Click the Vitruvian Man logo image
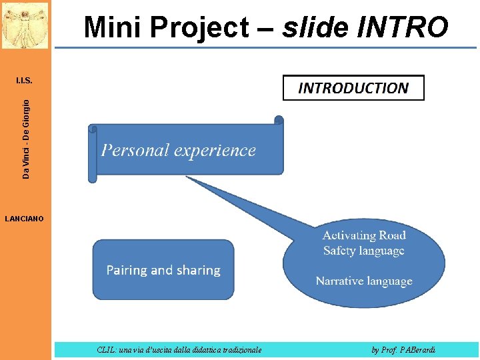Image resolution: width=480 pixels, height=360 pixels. pos(25,25)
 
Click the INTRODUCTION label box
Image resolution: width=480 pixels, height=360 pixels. pos(353,88)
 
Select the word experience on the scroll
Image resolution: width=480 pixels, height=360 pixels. pos(215,150)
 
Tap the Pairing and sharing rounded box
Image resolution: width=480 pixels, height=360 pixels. pos(163,270)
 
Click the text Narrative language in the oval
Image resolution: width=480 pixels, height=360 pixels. pos(364,281)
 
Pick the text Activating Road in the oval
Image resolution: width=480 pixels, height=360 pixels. pos(364,235)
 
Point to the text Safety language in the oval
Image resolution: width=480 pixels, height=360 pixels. pos(364,251)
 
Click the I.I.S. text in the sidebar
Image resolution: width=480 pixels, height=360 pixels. pos(24,81)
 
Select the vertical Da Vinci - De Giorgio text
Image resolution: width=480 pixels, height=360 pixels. pos(26,139)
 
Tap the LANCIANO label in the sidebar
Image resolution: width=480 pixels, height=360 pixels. pos(24,218)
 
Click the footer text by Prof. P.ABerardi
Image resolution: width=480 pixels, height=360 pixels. pos(403,349)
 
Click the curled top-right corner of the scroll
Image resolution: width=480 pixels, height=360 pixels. pos(279,121)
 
